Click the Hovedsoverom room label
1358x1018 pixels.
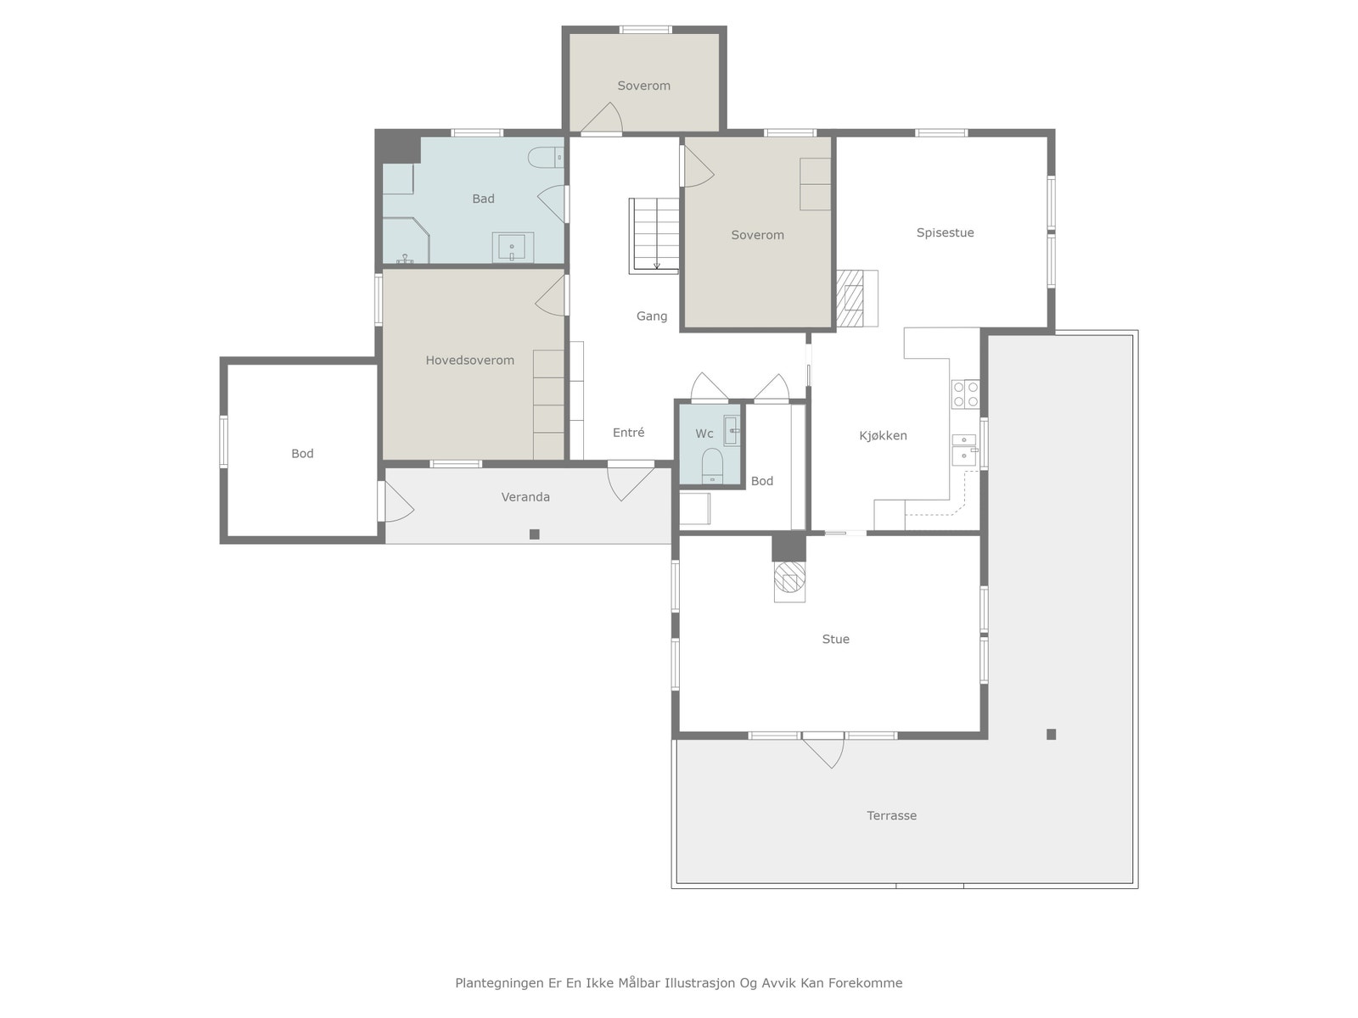click(x=469, y=361)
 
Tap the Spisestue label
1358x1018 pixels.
click(x=945, y=233)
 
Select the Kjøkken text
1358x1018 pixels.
click(x=883, y=436)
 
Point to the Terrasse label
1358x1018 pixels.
click(x=891, y=816)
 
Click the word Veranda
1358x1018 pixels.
click(x=525, y=497)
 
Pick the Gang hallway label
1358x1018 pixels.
click(x=652, y=316)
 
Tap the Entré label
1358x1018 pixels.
click(x=629, y=433)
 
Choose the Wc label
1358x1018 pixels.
click(x=704, y=433)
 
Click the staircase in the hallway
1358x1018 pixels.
click(x=654, y=236)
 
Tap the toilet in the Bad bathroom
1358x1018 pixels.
click(x=546, y=157)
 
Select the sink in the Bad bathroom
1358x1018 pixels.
click(x=513, y=247)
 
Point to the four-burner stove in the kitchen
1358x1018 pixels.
click(x=965, y=394)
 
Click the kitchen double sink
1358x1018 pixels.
click(x=964, y=450)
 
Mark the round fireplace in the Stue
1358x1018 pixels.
click(x=789, y=578)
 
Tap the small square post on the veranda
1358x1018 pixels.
click(x=535, y=534)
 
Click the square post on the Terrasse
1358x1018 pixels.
click(x=1051, y=735)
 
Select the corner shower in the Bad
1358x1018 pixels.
click(x=406, y=240)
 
